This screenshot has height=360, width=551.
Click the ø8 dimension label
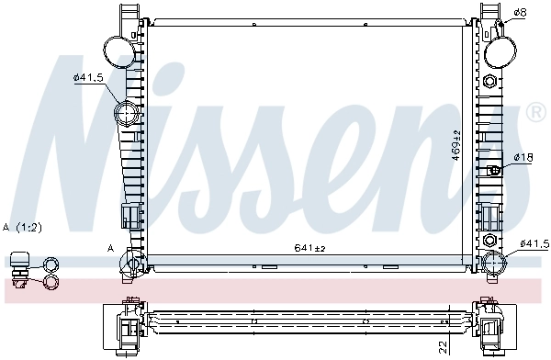[519, 12]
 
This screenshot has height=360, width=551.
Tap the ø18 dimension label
[522, 158]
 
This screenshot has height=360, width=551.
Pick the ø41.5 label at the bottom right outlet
[534, 243]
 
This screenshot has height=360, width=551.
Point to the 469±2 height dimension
[455, 145]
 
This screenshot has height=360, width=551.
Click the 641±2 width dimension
[310, 246]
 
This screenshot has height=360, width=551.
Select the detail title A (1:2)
[22, 226]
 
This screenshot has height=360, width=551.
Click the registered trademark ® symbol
[535, 113]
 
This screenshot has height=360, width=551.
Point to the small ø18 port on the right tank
[495, 170]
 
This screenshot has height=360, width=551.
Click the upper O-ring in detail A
[50, 266]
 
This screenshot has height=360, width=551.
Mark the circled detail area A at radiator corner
[129, 264]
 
